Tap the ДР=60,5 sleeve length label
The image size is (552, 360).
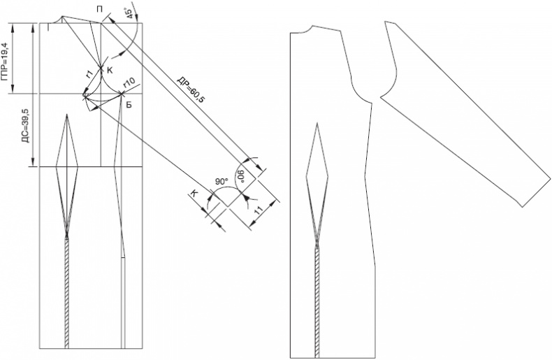pyautogui.click(x=190, y=89)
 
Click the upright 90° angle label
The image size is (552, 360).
pyautogui.click(x=221, y=182)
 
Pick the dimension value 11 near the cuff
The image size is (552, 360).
pyautogui.click(x=259, y=210)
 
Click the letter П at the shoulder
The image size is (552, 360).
pyautogui.click(x=100, y=9)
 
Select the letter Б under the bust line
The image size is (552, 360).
pyautogui.click(x=129, y=105)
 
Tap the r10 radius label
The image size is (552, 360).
pyautogui.click(x=129, y=82)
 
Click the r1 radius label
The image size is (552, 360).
pyautogui.click(x=89, y=73)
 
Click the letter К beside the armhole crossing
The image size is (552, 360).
pyautogui.click(x=110, y=71)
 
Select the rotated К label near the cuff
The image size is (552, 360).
pyautogui.click(x=194, y=193)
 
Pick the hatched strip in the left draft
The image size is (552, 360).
pyautogui.click(x=67, y=293)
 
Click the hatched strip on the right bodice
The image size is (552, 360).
pyautogui.click(x=317, y=303)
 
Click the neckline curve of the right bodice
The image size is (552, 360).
pyautogui.click(x=302, y=31)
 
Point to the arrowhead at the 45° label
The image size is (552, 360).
pyautogui.click(x=136, y=18)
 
